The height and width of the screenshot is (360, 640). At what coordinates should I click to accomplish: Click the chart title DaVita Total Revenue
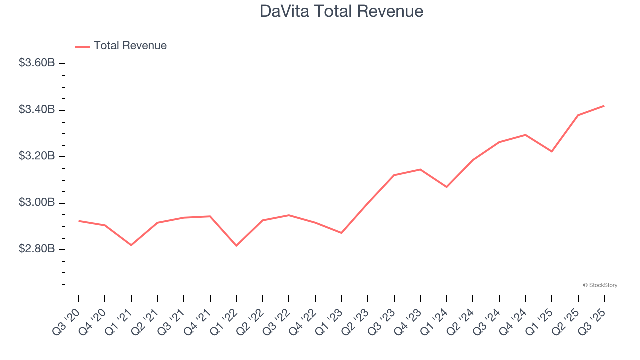(x=341, y=11)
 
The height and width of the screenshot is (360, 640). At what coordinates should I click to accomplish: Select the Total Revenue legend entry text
(x=130, y=46)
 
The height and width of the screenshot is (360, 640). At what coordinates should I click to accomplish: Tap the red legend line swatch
(x=82, y=46)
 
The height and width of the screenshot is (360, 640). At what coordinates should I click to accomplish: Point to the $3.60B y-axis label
(x=37, y=63)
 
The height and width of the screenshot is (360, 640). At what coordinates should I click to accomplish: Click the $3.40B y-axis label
(x=37, y=109)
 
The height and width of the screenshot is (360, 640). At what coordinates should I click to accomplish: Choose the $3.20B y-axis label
(x=37, y=156)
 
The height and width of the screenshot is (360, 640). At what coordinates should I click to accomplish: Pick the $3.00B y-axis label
(x=37, y=202)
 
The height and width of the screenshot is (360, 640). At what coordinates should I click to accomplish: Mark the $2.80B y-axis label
(x=37, y=249)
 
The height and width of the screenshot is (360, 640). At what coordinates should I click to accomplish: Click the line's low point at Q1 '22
(x=236, y=246)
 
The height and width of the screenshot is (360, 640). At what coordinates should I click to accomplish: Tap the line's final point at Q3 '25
(x=604, y=106)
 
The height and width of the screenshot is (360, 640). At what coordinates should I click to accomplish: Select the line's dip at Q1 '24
(x=446, y=187)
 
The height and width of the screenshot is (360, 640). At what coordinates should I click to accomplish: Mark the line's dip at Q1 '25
(x=552, y=151)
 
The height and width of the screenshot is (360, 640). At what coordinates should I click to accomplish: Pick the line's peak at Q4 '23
(x=420, y=169)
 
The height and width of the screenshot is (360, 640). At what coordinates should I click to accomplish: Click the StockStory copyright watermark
(x=600, y=285)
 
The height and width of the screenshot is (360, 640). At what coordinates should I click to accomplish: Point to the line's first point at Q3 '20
(x=79, y=221)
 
